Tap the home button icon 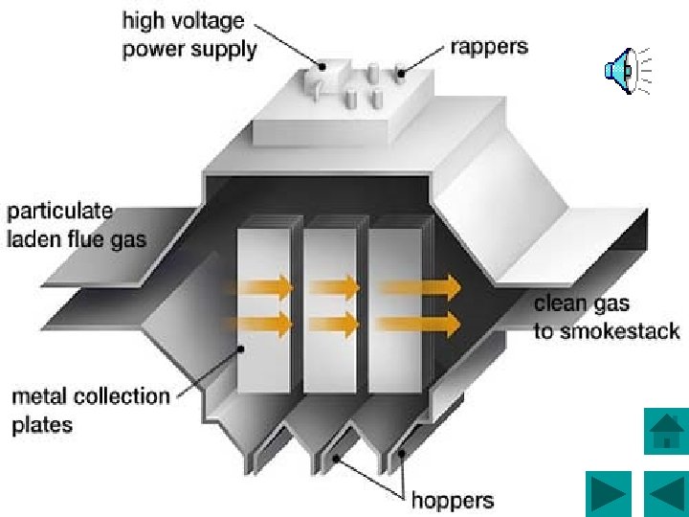pos(663,433)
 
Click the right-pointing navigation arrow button pos(608,494)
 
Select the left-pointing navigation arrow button pos(663,494)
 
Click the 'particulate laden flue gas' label pos(77,225)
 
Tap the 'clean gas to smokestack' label pos(606,318)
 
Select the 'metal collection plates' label pos(90,410)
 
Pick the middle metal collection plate pos(330,306)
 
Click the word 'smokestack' pos(619,332)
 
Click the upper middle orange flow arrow pos(333,286)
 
